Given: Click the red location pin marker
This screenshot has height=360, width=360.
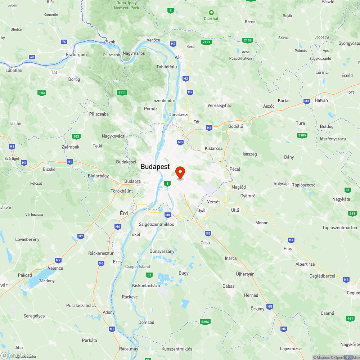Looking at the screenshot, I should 180,172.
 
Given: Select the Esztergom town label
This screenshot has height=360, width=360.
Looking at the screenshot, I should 76,55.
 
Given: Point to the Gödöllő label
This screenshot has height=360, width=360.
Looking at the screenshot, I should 236,126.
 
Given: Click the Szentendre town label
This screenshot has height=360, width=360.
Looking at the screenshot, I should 164,100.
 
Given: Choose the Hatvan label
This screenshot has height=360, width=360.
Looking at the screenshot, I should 321,100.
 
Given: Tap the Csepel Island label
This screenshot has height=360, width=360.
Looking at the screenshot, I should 138,267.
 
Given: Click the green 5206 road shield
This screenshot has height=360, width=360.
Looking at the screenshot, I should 205,321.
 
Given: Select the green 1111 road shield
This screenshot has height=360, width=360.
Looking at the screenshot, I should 122,93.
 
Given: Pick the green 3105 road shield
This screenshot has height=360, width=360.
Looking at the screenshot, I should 302,135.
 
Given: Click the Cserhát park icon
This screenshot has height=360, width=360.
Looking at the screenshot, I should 211,13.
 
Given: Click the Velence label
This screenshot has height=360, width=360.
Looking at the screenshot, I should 55,268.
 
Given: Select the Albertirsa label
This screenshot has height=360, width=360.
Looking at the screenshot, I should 305,264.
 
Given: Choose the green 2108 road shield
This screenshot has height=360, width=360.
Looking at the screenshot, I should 247,40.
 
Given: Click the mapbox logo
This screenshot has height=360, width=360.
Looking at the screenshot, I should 16,355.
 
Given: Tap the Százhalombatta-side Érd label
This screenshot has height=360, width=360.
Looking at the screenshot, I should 124,213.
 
